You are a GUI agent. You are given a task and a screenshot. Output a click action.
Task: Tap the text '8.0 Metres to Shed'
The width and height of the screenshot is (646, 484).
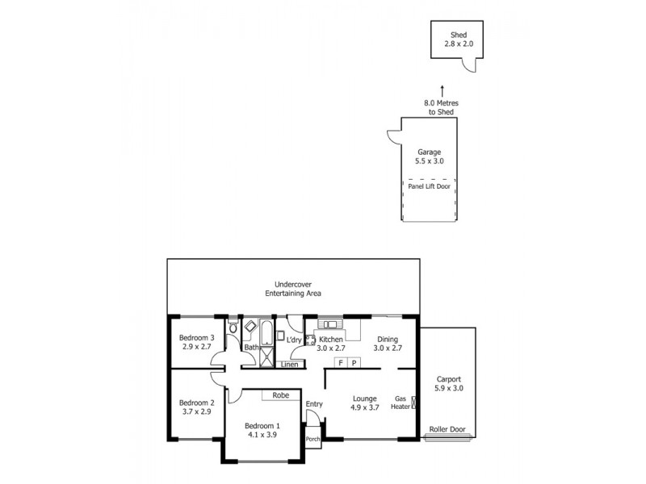[x=439, y=108]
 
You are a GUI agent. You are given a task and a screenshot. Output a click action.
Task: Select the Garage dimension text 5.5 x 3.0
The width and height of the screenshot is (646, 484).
[x=429, y=161]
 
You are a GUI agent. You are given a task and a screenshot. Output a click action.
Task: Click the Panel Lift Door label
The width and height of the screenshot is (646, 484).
[x=429, y=186]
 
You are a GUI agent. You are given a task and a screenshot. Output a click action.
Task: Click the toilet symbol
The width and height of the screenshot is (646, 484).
[x=233, y=328]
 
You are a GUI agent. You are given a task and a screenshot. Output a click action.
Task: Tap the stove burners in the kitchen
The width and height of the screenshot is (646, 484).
[x=309, y=340]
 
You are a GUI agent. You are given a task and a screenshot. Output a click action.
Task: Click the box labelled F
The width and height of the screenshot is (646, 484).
[x=341, y=363]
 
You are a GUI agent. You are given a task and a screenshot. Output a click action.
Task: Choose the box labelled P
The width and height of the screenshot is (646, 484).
[x=354, y=363]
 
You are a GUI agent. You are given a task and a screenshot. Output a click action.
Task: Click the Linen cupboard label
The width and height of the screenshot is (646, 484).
[x=289, y=365]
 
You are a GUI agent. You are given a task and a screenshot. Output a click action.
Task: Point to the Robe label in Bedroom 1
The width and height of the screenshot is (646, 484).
[x=280, y=395]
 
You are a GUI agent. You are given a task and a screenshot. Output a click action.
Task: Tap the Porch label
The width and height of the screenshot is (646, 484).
[x=313, y=440]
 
